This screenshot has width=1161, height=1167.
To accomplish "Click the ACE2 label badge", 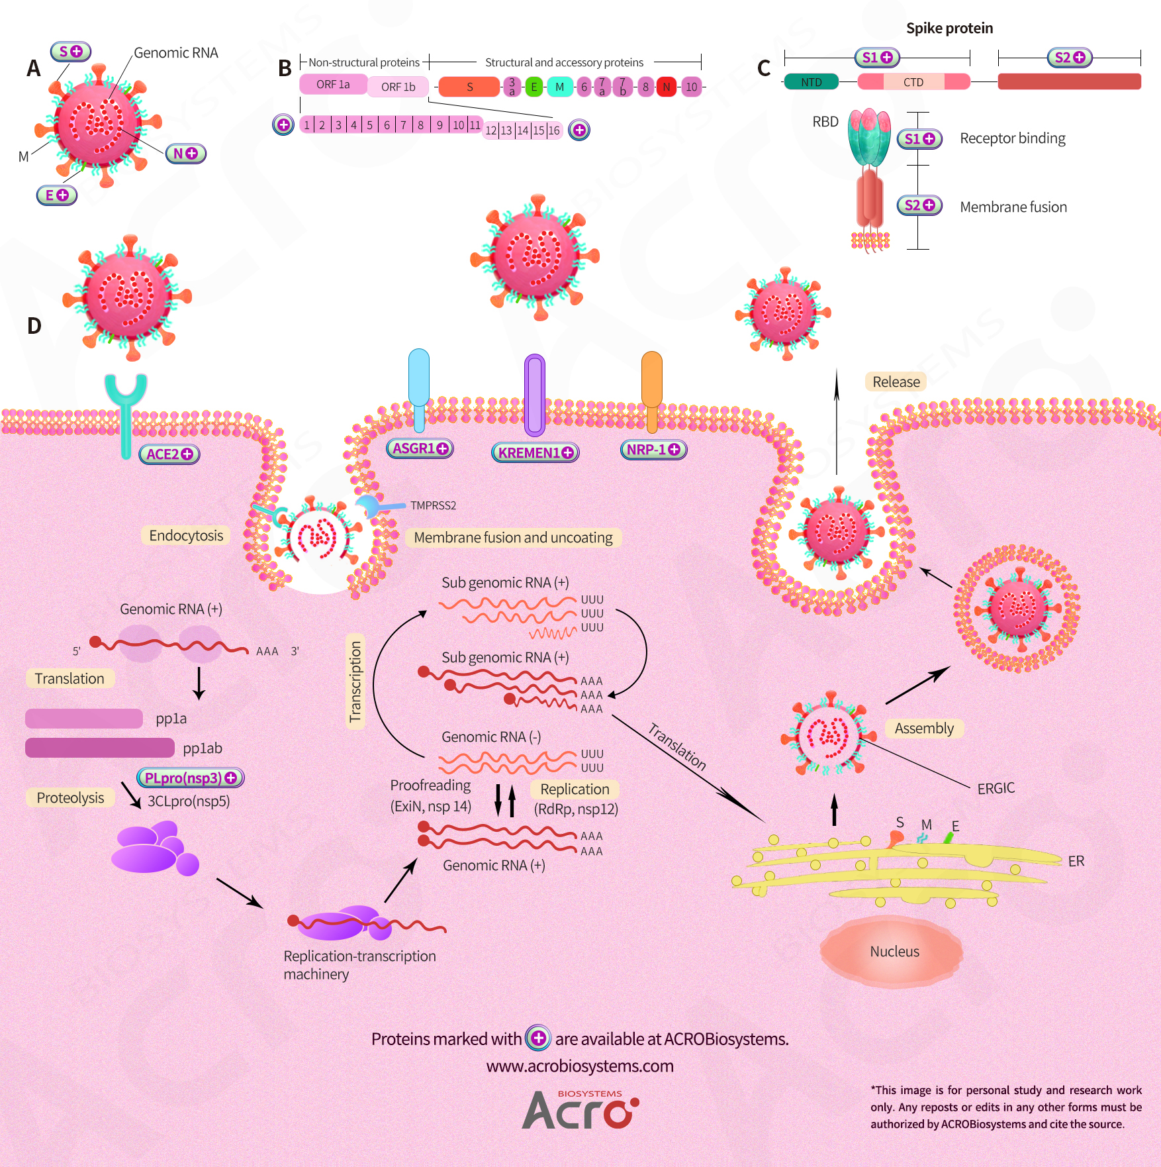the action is click(x=169, y=454).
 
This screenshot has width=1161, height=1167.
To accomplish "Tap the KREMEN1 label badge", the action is click(x=535, y=452).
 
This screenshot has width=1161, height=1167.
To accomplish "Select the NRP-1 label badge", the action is click(x=653, y=450).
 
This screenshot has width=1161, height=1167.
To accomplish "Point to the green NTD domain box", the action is click(x=812, y=82).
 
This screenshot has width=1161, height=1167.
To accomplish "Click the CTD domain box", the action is click(x=913, y=82).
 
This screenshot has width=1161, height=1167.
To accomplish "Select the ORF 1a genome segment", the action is click(x=333, y=85).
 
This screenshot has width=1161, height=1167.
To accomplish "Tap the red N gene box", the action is click(x=667, y=87).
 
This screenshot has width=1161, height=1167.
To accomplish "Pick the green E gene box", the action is click(x=534, y=87).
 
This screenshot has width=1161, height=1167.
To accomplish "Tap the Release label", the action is click(x=896, y=381).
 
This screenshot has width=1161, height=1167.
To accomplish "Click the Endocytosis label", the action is click(x=186, y=535).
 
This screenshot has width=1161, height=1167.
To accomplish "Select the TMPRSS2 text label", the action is click(x=433, y=505).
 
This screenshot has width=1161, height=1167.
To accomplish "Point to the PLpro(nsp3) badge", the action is click(x=191, y=778).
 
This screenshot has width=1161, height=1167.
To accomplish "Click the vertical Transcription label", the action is click(x=355, y=682).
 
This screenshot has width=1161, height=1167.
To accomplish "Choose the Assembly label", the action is click(x=924, y=729).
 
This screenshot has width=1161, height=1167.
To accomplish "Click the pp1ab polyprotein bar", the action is click(x=100, y=748).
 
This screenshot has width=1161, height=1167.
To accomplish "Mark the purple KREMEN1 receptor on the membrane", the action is click(x=535, y=395).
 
